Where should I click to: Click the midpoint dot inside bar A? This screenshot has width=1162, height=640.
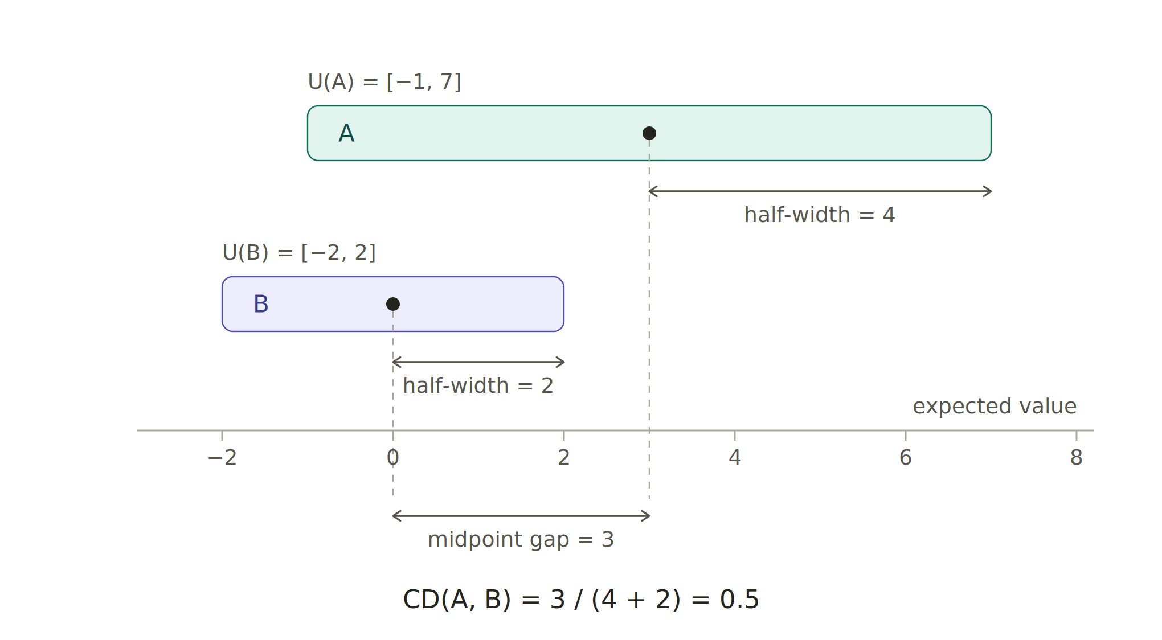[x=649, y=133]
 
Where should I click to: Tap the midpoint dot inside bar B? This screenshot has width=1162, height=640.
[x=393, y=304]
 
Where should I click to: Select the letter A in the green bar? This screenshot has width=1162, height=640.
[x=346, y=133]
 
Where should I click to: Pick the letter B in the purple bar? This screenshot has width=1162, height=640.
[x=261, y=304]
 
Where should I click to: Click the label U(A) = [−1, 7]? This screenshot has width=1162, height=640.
[x=384, y=82]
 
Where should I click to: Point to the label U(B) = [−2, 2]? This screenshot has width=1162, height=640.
[x=299, y=253]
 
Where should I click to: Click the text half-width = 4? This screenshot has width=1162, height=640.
[x=820, y=215]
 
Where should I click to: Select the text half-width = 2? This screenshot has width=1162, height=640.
[x=478, y=386]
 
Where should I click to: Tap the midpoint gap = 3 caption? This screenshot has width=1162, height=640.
[x=521, y=540]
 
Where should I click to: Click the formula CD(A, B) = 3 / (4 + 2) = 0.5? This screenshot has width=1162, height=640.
[x=581, y=600]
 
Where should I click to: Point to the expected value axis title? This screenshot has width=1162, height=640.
[x=995, y=407]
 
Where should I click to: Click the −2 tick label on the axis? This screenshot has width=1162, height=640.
[x=222, y=457]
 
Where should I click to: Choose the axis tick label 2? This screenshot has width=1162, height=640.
[x=564, y=457]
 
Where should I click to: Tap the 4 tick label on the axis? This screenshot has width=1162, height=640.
[x=735, y=457]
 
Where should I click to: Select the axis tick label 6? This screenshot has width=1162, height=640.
[x=906, y=457]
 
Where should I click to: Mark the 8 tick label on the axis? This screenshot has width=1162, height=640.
[x=1077, y=457]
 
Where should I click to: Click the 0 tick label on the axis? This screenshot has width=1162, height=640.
[x=393, y=457]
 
